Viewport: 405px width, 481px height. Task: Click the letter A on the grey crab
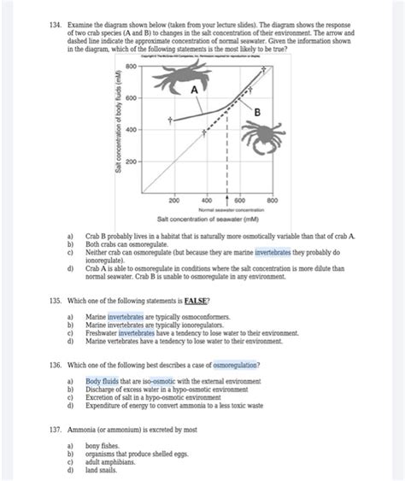pyautogui.click(x=194, y=90)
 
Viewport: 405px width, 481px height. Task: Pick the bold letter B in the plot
pyautogui.click(x=256, y=114)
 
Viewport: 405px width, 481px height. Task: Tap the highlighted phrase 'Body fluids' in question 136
pyautogui.click(x=104, y=381)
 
